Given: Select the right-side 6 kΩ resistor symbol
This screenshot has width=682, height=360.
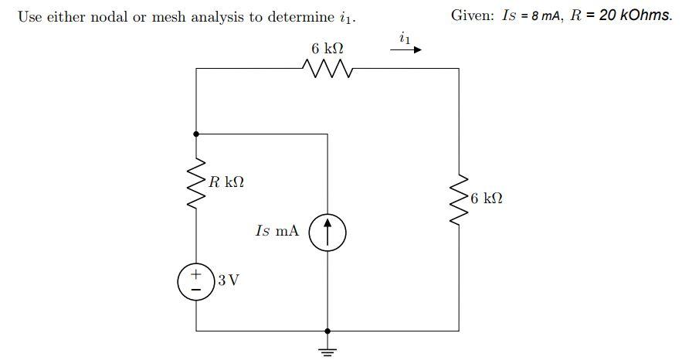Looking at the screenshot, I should coord(459,198).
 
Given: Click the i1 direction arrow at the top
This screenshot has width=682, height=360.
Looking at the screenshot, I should coord(405,50).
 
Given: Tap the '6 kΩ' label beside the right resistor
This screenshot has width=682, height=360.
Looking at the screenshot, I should coord(487,199).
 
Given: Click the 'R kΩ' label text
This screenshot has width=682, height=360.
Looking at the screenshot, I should coord(226,182).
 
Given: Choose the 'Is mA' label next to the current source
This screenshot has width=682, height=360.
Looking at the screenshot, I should coord(276,231).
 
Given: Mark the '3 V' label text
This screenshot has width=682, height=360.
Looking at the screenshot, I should coord(228,280).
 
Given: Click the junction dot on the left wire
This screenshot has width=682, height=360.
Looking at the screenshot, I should coord(197,134).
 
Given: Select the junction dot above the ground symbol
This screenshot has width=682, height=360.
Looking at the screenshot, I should coord(328,330).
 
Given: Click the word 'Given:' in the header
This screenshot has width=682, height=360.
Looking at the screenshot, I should coord(473,16).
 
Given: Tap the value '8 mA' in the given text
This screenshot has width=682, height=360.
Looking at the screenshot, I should coord(548,16).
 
